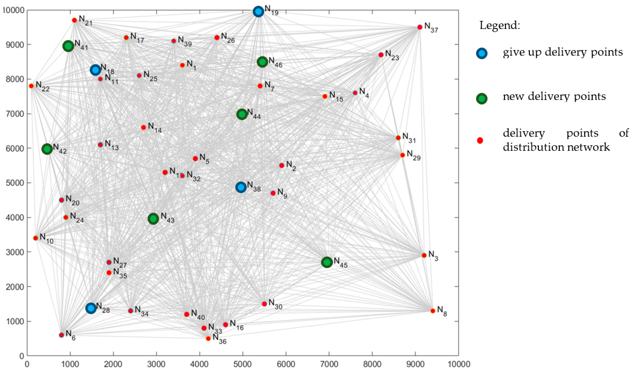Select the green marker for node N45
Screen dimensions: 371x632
(x=327, y=262)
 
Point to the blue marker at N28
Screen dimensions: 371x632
(x=91, y=308)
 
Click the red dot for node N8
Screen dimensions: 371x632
(x=433, y=311)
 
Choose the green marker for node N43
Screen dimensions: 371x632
(x=153, y=219)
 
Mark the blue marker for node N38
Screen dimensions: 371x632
(x=241, y=187)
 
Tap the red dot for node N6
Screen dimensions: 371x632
(x=61, y=335)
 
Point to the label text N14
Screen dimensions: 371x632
(x=154, y=127)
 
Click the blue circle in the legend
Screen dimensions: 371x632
(x=482, y=53)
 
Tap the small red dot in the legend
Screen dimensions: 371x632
(x=480, y=140)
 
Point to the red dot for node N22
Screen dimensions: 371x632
(x=31, y=86)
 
